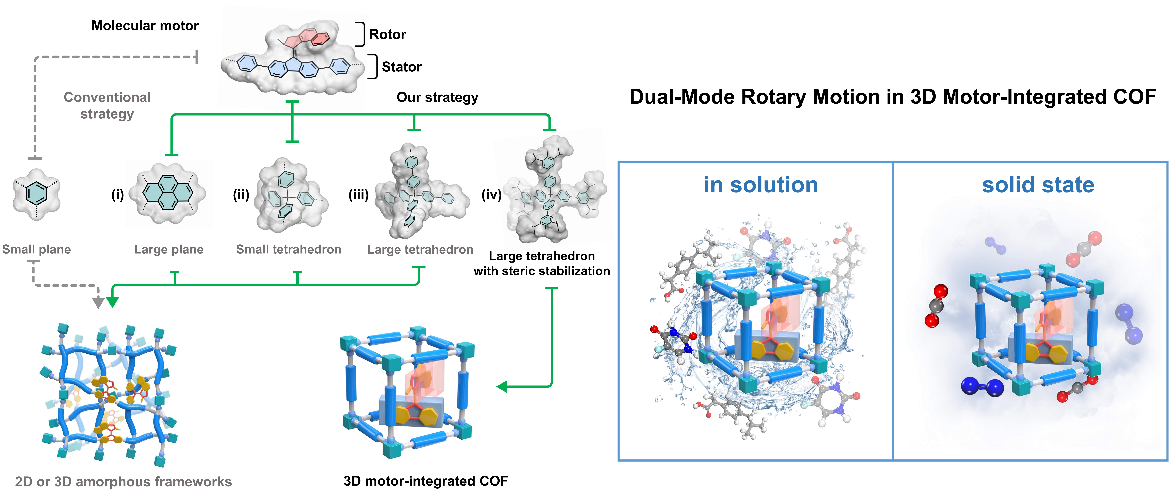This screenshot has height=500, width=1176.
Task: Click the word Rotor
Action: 387,34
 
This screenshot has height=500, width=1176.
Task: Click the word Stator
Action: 401,67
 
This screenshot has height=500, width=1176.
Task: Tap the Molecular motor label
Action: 145,25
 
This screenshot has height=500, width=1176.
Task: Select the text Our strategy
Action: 437,97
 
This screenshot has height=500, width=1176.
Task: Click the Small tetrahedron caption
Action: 288,250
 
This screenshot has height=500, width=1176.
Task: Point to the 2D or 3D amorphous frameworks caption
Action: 123,482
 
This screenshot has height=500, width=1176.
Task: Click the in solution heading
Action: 761,185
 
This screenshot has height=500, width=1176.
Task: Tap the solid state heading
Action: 1038,185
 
